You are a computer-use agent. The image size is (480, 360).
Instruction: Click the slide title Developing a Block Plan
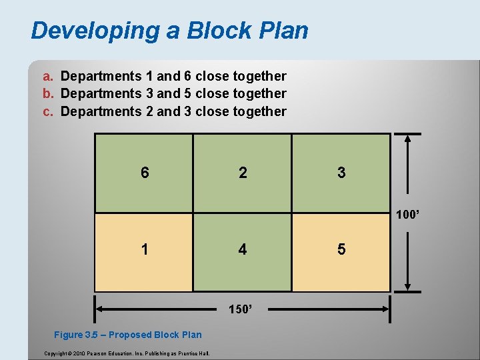click(x=169, y=31)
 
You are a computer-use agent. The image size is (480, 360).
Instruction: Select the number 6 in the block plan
click(x=145, y=173)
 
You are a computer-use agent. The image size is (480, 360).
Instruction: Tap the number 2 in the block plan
click(x=243, y=173)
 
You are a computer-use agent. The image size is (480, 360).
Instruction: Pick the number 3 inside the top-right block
click(x=341, y=173)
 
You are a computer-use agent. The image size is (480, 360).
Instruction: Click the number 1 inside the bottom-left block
click(x=145, y=249)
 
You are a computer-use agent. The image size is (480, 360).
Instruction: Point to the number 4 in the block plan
click(x=243, y=249)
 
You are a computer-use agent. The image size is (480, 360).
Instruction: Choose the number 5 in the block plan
click(x=341, y=249)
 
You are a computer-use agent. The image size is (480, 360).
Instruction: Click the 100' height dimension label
click(x=408, y=215)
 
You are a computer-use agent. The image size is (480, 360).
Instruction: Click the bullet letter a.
click(x=47, y=77)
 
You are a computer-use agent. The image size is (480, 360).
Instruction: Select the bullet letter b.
click(x=47, y=94)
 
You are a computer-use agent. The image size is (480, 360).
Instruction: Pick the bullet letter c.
click(x=47, y=111)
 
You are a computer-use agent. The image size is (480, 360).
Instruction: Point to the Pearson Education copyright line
click(x=126, y=353)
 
